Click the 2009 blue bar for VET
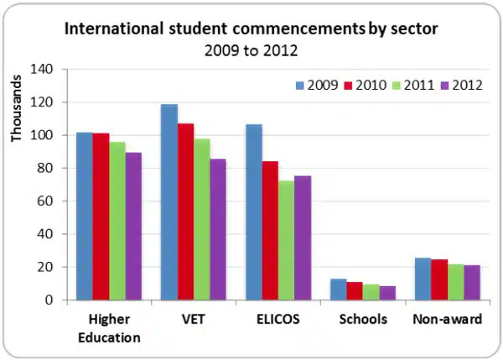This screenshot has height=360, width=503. [x=169, y=202]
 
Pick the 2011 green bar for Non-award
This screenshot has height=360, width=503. [x=456, y=282]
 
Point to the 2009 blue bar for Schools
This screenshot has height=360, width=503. [x=338, y=290]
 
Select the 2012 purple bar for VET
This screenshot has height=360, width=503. [x=218, y=229]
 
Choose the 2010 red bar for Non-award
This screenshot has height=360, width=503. [x=439, y=279]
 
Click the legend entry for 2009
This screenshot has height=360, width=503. [x=315, y=85]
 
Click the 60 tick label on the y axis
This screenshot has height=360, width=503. [x=51, y=201]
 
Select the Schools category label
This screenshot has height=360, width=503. [x=362, y=320]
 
